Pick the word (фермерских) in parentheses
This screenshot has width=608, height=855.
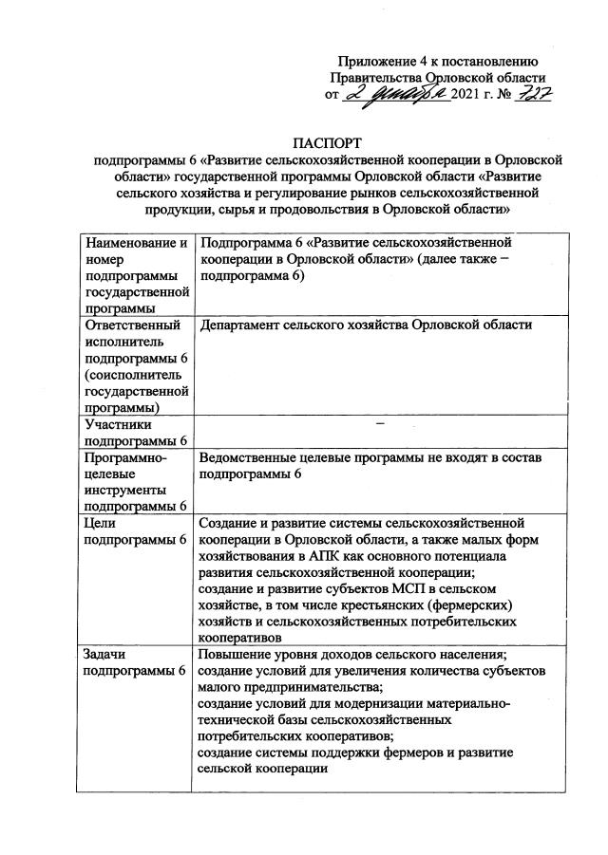[471, 604]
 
